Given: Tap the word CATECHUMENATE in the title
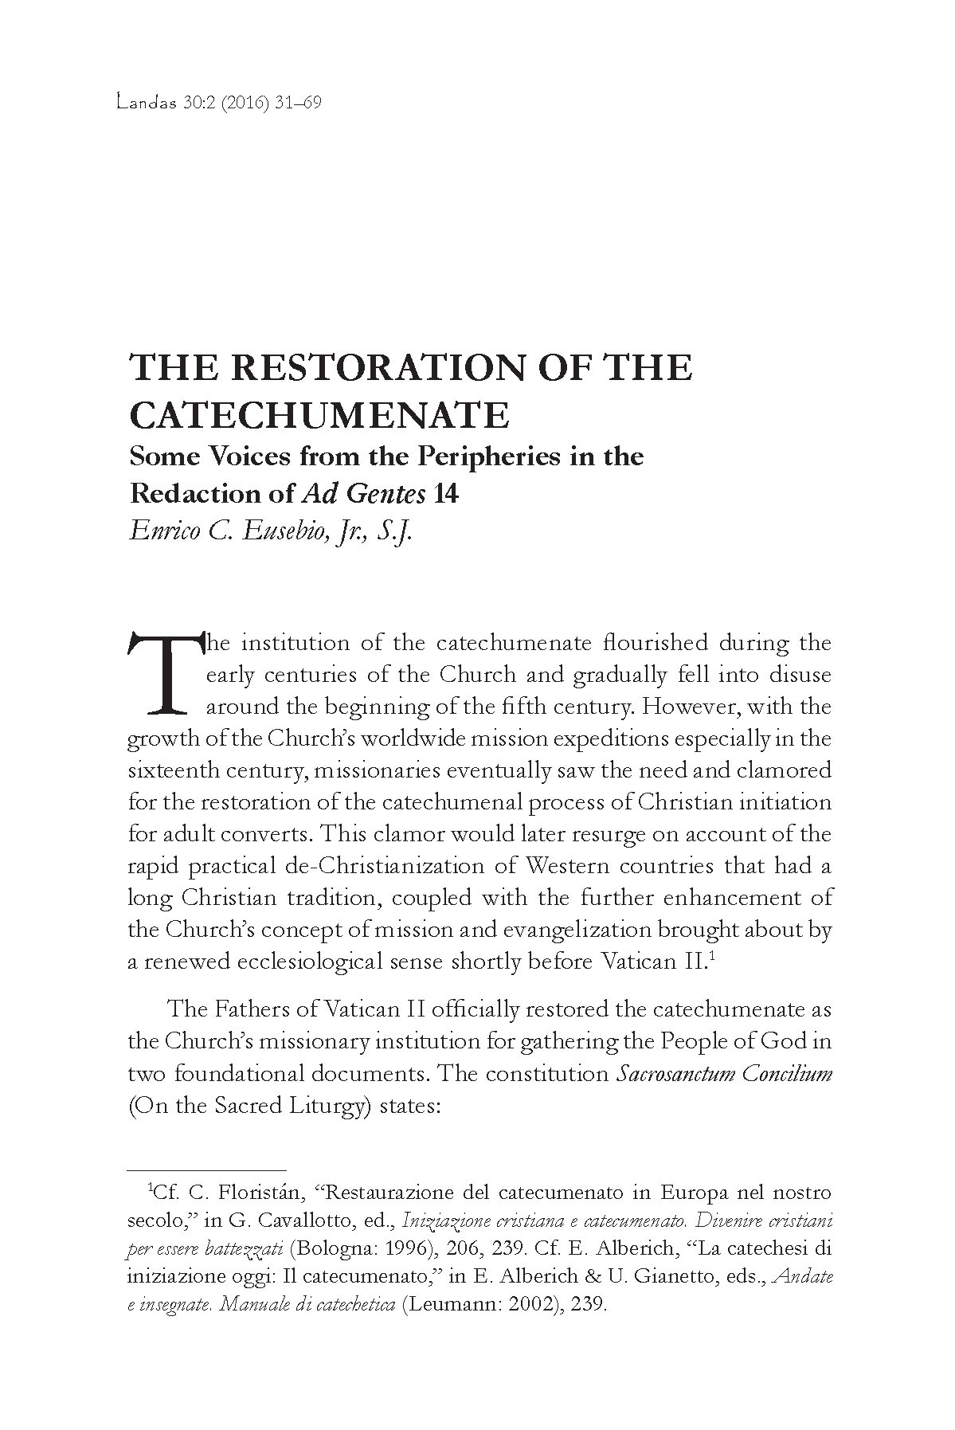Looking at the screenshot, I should tap(319, 414).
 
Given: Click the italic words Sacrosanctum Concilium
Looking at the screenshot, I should tap(725, 1074).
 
